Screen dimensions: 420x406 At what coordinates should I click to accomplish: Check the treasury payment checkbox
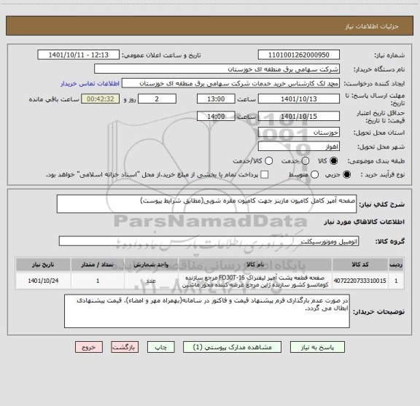[264, 174]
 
